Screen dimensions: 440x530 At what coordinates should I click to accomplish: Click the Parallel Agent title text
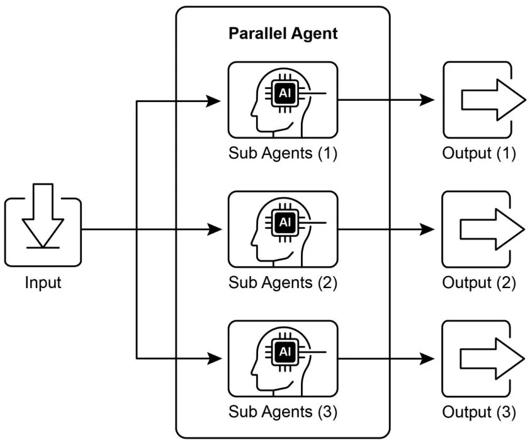coord(283,33)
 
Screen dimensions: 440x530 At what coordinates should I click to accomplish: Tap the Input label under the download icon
coord(43,282)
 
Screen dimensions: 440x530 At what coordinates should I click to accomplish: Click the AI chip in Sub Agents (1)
coord(284,93)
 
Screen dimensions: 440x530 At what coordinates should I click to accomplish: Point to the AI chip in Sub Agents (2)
coord(285,221)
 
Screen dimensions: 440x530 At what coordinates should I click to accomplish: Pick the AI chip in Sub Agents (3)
coord(284,351)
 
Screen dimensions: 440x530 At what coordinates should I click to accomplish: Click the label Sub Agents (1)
coord(283,153)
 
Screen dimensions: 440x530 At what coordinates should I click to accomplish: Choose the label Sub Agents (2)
coord(283,282)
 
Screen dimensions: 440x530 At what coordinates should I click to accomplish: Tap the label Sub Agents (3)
coord(283,412)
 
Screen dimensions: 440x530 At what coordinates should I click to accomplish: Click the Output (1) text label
coord(479,153)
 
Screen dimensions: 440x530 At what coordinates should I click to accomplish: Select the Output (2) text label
coord(479,282)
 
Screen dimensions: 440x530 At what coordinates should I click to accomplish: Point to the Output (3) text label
coord(479,412)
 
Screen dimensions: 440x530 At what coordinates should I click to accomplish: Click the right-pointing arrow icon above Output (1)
coord(492,100)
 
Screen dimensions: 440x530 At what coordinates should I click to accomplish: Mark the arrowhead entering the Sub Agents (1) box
coord(215,100)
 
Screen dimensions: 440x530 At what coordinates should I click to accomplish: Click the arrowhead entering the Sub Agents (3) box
coord(215,359)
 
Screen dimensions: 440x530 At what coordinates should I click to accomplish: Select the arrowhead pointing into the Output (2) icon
coord(428,229)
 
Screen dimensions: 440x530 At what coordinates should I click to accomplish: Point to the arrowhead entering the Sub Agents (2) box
coord(215,229)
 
